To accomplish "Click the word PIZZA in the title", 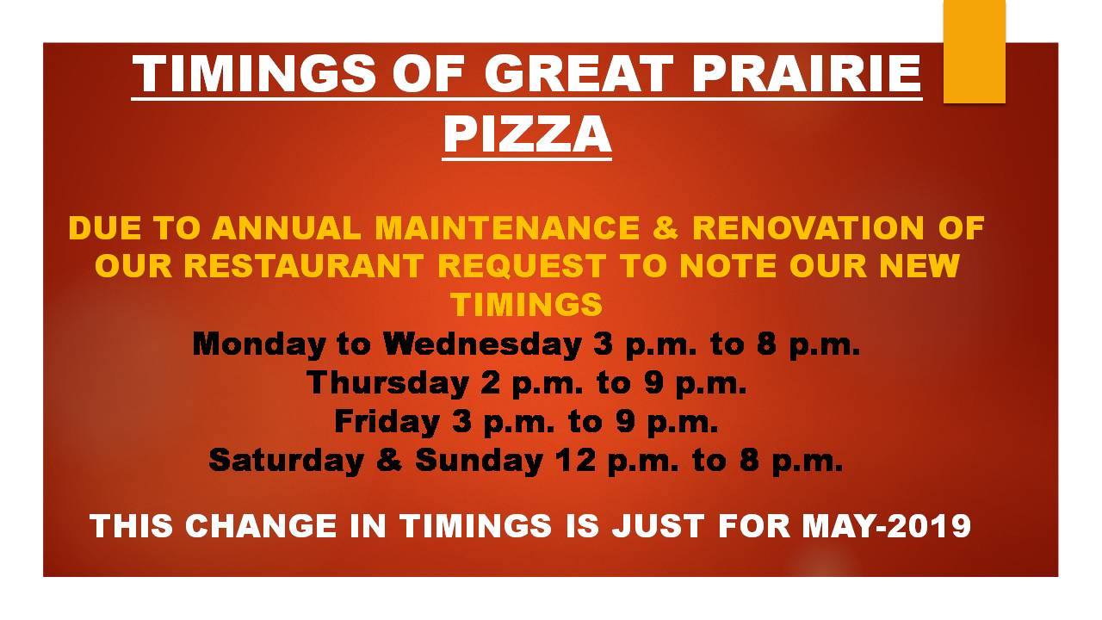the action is pos(527,134).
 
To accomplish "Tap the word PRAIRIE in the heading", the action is pos(808,74).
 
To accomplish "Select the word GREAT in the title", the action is pos(579,74).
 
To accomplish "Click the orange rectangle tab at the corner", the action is pos(974,51).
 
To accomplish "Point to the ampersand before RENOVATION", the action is pos(666,228).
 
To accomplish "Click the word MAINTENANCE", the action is pos(507,228).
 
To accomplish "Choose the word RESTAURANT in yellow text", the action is pos(304,266).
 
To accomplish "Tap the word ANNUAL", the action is pos(287,228).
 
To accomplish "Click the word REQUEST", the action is pos(522,267).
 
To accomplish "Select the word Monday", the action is pos(259,344).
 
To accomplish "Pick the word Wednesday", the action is pos(483,344).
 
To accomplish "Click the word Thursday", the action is pos(387,383).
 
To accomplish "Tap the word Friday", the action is pos(387,422).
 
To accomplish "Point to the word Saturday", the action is pos(287,460).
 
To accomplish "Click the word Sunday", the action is pos(479,460).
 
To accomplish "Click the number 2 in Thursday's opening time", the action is pos(491,383).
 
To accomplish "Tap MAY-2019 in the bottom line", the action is pos(887,525).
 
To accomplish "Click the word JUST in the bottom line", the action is pos(657,525).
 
